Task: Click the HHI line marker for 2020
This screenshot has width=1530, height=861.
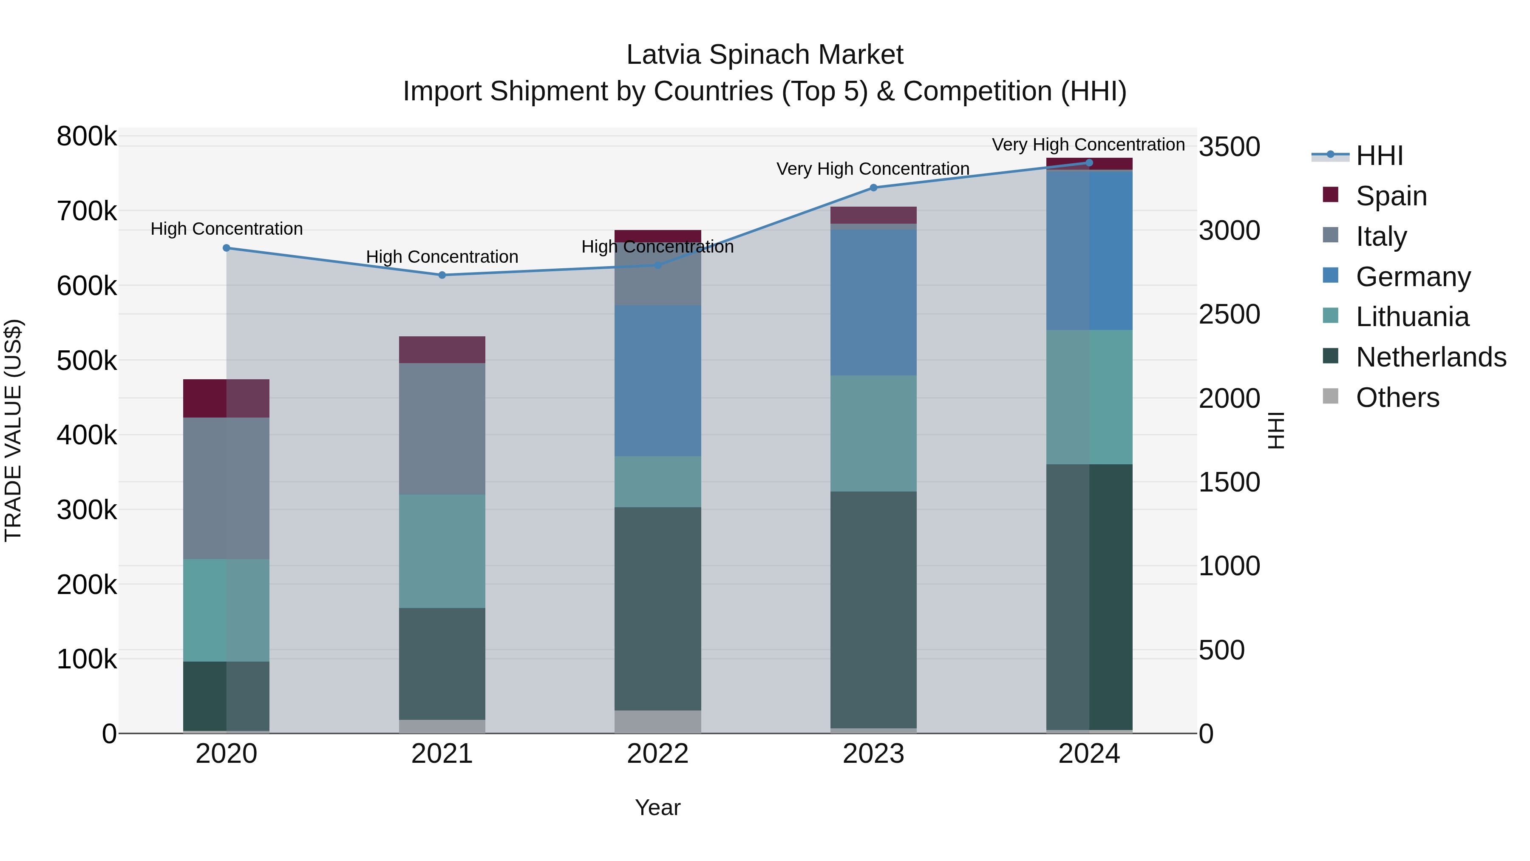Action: (226, 248)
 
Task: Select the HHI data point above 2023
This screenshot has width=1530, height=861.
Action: (873, 188)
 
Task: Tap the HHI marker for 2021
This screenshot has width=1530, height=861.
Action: (442, 275)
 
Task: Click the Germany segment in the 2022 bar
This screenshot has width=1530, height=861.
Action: (657, 381)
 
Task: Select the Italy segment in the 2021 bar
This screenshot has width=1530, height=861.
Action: (442, 429)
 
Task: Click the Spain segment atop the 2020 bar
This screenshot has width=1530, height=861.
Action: (226, 398)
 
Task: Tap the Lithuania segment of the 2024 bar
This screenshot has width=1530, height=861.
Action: (1089, 397)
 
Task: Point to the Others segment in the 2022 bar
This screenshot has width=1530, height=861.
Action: (657, 722)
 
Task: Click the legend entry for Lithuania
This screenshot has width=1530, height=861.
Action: (1412, 317)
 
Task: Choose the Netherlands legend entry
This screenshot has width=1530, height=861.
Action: (1430, 357)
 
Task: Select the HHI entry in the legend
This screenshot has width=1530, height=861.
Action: (1379, 156)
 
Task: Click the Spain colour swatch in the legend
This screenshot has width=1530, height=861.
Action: (1330, 195)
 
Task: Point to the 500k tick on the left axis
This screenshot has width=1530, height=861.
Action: (87, 360)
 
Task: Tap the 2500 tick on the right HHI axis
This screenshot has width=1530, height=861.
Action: (1228, 314)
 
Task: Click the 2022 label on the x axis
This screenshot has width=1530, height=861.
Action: (657, 754)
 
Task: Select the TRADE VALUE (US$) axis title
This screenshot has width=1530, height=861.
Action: (13, 430)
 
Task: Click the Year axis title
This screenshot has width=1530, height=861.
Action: (657, 807)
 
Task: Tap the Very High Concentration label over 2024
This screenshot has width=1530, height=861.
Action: (1088, 145)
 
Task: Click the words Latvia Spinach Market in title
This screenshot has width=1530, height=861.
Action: (765, 55)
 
